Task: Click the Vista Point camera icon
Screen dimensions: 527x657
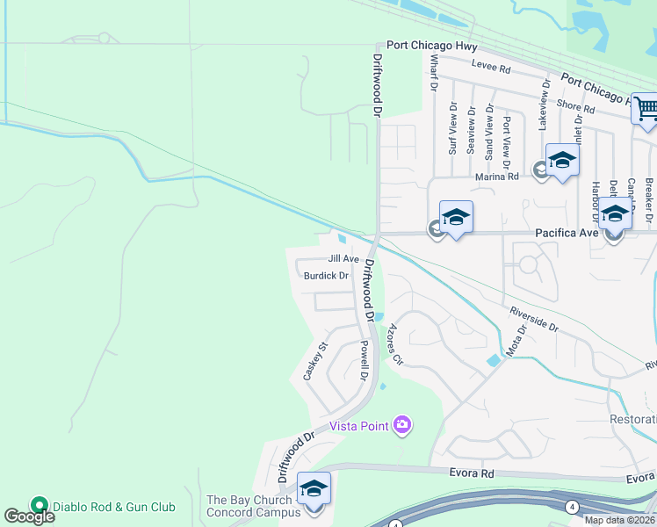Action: coord(402,426)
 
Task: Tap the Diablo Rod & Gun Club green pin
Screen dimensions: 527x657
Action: coord(38,505)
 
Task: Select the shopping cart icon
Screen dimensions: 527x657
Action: coord(646,110)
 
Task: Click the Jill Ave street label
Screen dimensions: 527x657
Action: coord(343,259)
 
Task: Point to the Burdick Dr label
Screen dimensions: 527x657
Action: coord(326,276)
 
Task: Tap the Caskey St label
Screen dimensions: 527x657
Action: coord(314,361)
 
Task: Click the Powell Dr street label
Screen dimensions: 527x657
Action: coord(362,361)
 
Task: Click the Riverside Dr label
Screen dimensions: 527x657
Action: coord(535,318)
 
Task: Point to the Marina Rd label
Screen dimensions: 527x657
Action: coord(497,177)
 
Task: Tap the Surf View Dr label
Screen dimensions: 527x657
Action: coord(453,129)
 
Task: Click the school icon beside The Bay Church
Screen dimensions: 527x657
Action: coord(314,489)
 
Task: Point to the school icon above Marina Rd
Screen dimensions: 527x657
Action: coord(562,160)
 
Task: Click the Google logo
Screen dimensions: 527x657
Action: coord(30,516)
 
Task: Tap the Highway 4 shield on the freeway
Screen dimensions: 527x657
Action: coord(572,507)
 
